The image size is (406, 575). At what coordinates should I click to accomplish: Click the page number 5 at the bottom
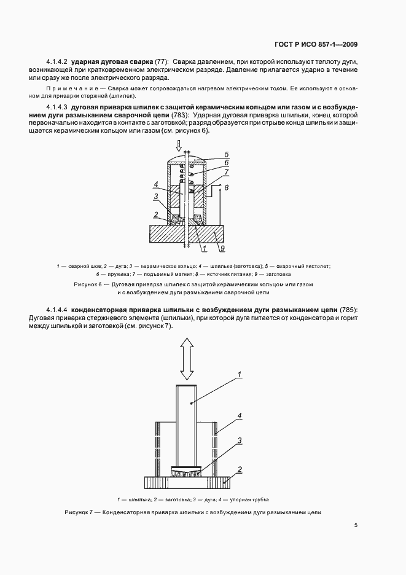coord(356,525)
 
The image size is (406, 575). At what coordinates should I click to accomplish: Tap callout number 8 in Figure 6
coord(227,187)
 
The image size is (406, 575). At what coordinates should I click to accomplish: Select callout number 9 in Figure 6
coord(222,248)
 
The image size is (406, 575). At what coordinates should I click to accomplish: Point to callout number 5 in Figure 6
coord(227,154)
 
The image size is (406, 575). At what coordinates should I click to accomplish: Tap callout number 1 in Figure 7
coord(240,374)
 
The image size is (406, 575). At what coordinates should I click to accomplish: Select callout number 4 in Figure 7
coord(240,416)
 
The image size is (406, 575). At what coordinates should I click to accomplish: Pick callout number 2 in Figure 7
coord(240,469)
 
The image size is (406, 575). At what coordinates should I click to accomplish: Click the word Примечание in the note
coord(67,89)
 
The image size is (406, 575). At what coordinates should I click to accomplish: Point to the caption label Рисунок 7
coord(78,512)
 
